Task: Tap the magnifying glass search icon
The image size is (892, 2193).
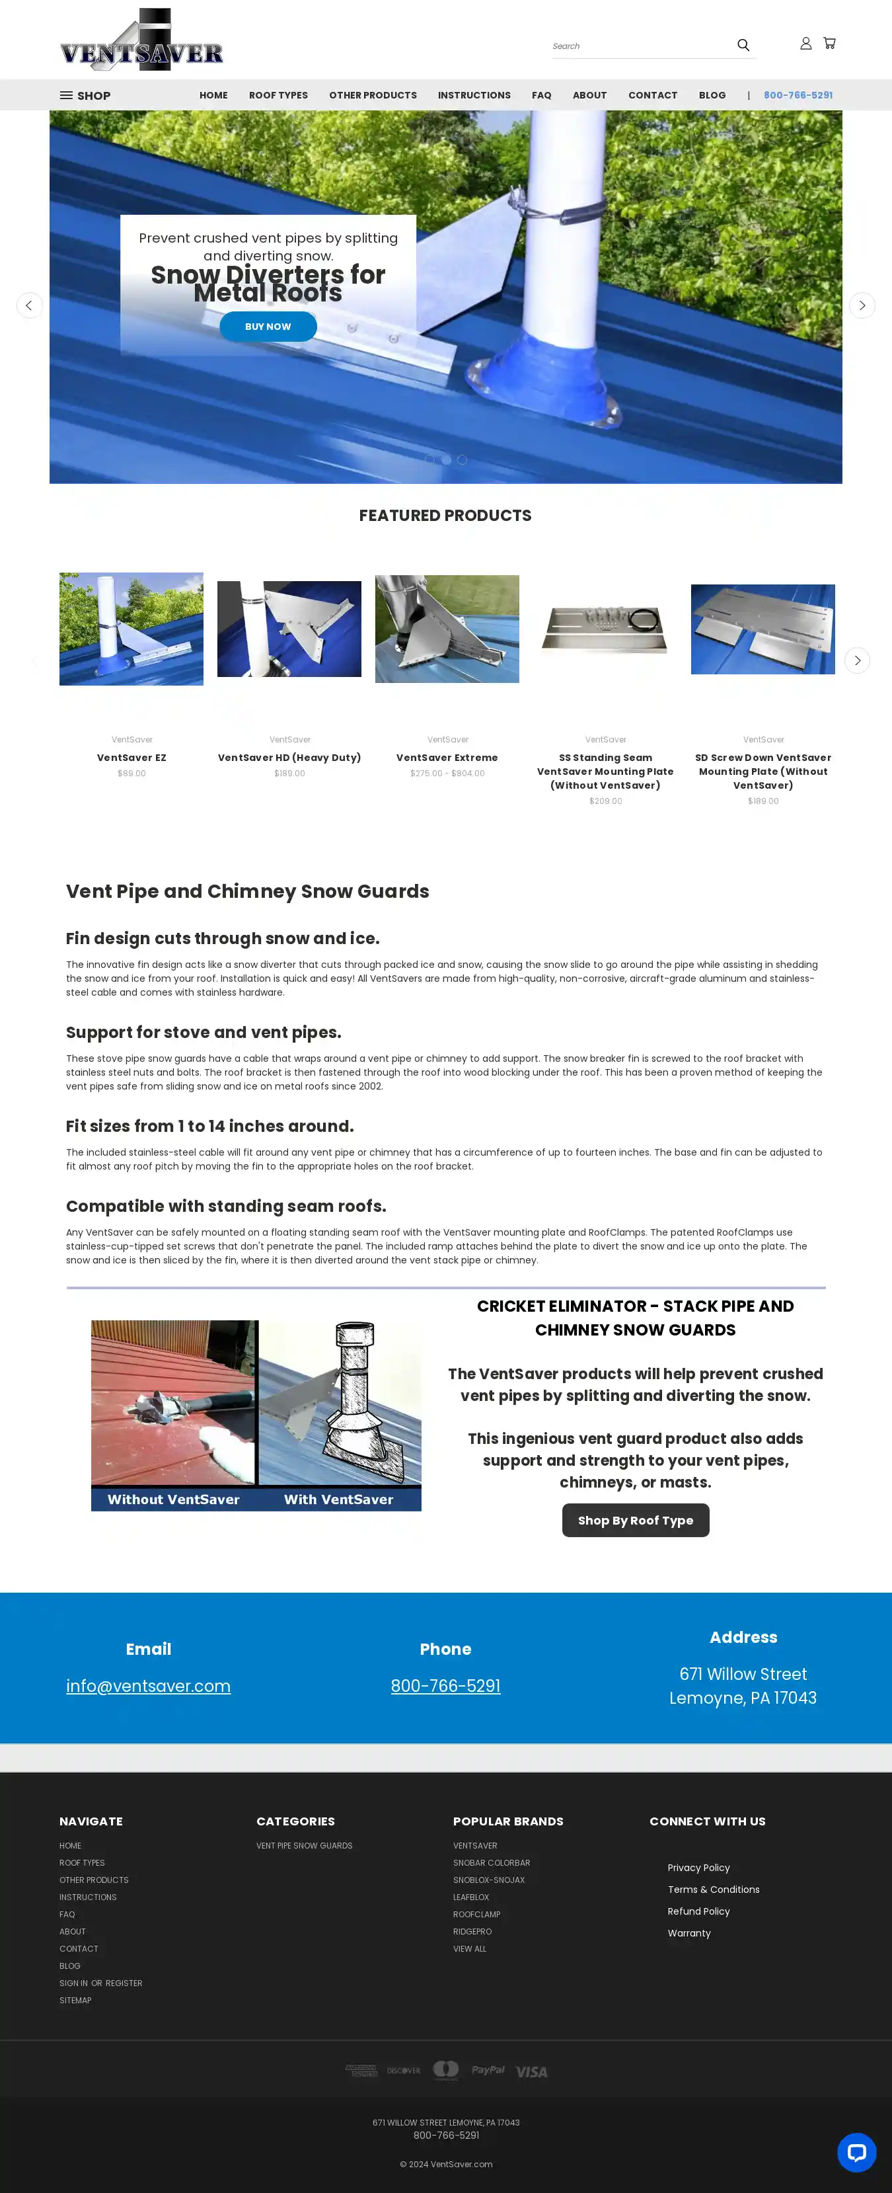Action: pos(743,45)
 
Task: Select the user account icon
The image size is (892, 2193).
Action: pos(805,44)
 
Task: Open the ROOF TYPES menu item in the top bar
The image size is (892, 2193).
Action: pos(278,95)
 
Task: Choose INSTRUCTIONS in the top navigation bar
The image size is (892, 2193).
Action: pos(474,95)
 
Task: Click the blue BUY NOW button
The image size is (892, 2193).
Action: pos(268,327)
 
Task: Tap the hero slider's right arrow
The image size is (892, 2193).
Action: pos(862,305)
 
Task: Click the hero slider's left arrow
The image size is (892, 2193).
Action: pos(30,305)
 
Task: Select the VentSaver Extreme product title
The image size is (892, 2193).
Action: pos(447,758)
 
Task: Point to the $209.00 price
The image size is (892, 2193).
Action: pos(605,801)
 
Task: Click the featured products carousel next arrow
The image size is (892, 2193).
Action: pos(856,660)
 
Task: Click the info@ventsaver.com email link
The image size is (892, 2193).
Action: pos(148,1687)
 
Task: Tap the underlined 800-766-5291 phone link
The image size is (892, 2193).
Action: pos(445,1687)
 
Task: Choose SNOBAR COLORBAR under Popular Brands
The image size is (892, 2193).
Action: pos(491,1862)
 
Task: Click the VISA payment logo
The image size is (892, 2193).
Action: pos(531,2072)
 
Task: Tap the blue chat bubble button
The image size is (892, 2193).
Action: pos(856,2152)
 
